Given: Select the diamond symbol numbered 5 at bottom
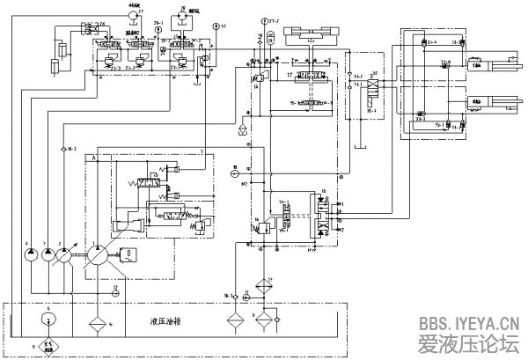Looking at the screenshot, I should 47,346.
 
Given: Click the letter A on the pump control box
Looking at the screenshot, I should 92,158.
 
